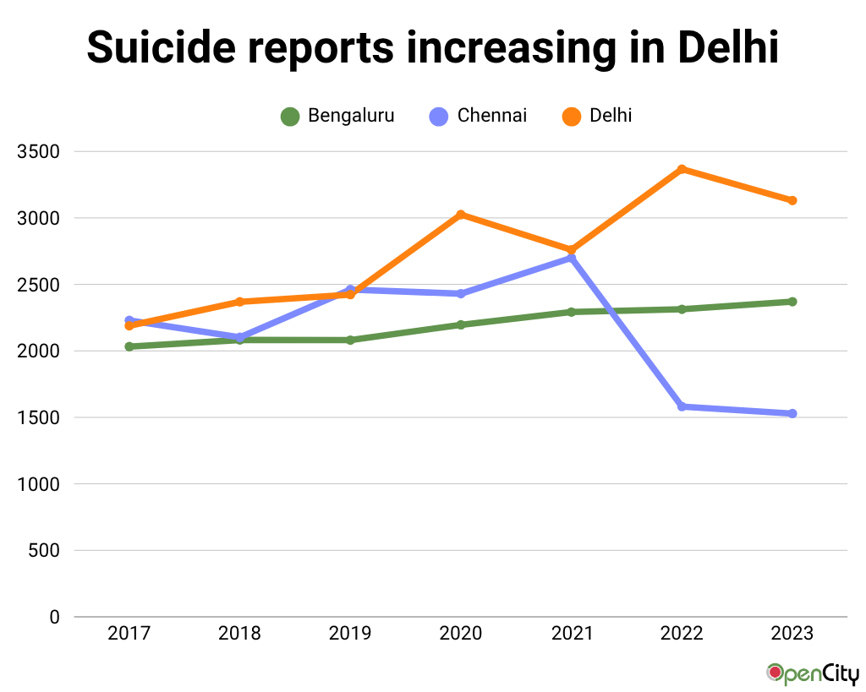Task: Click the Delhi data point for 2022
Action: click(682, 169)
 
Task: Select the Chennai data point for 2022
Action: click(682, 406)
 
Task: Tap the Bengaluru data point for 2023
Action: click(792, 302)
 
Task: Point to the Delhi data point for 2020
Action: click(461, 215)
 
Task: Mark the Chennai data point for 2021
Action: click(572, 258)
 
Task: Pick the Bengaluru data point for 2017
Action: click(129, 346)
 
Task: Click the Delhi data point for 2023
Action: click(792, 200)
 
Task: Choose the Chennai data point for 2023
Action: click(792, 413)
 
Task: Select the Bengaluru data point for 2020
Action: click(461, 324)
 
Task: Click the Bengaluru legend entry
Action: click(338, 116)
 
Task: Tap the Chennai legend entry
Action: click(479, 116)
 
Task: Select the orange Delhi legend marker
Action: click(572, 117)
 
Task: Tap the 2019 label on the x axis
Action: click(350, 634)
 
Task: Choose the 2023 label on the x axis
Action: click(792, 634)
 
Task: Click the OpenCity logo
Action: click(813, 673)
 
